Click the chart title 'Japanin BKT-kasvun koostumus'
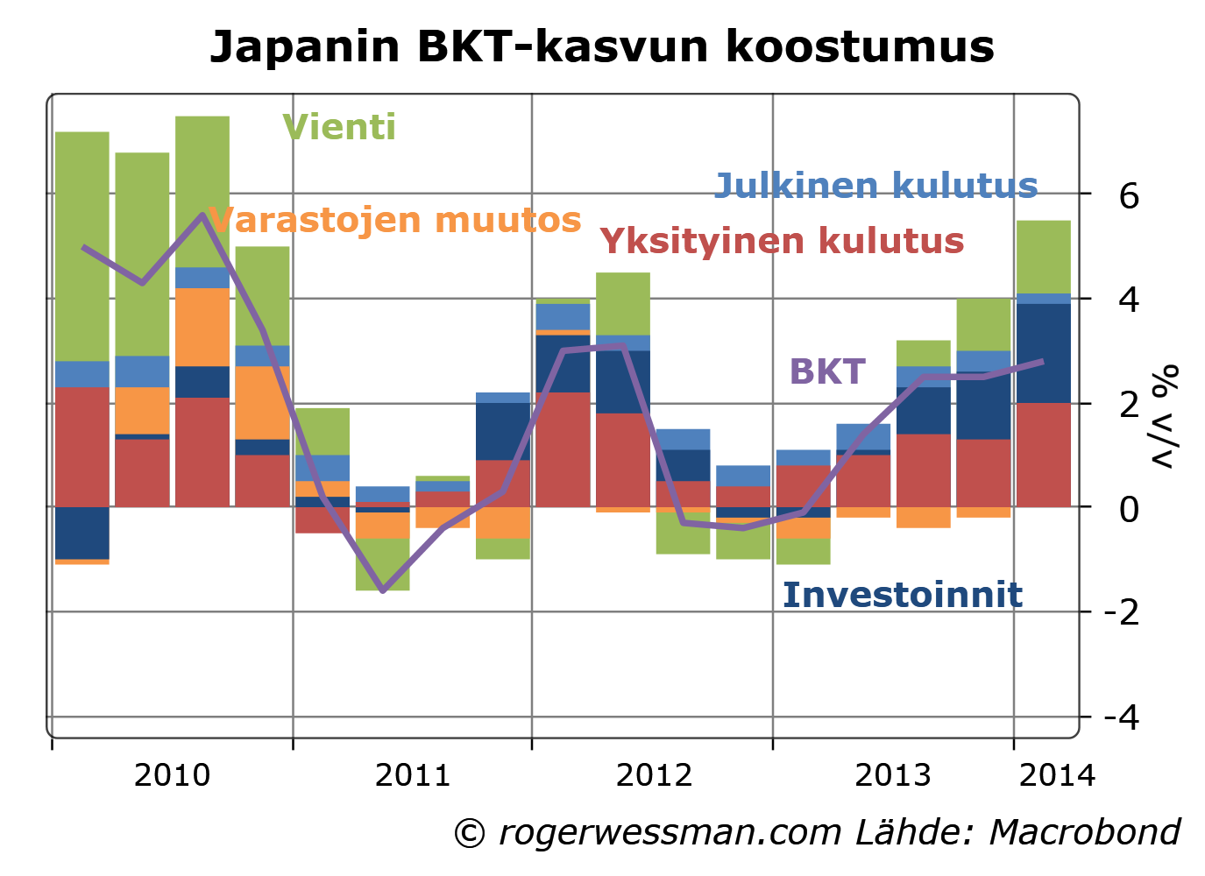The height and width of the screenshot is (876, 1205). point(602,46)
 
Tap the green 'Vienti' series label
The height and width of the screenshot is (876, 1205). point(339,128)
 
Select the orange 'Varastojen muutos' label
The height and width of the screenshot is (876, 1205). point(395,220)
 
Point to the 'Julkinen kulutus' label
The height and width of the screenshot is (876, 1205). point(875,186)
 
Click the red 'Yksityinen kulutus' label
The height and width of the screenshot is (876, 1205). point(782,241)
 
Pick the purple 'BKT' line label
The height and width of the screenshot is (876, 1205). point(827,372)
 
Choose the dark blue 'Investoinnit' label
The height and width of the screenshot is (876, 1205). point(902,596)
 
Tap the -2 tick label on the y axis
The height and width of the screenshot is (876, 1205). point(1122,611)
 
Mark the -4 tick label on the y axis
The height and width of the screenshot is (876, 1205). point(1122,717)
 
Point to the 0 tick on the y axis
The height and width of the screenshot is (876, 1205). point(1129,508)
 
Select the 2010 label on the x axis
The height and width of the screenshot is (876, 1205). point(172,775)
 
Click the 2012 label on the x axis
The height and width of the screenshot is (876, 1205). point(654,775)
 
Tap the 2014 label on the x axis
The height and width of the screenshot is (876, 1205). point(1057,775)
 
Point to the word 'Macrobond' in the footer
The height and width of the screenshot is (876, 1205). point(1085,832)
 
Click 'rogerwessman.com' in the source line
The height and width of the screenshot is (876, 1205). point(670,832)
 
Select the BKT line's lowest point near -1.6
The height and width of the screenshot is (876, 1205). point(382,590)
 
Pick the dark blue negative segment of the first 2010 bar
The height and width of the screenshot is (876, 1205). point(82,533)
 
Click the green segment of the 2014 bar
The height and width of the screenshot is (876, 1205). point(1043,257)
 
